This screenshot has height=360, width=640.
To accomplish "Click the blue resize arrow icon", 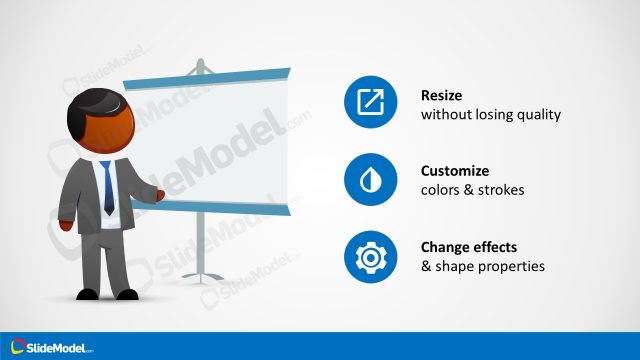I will pyautogui.click(x=369, y=103).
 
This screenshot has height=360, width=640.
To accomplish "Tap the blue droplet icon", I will pyautogui.click(x=369, y=180).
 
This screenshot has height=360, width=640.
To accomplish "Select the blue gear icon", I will pyautogui.click(x=369, y=256).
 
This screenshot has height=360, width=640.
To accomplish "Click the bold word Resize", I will pyautogui.click(x=443, y=96).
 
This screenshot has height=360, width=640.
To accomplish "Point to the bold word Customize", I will pyautogui.click(x=456, y=171).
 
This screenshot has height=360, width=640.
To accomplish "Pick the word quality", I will pyautogui.click(x=539, y=115).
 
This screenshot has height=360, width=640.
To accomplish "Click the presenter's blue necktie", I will pyautogui.click(x=108, y=185).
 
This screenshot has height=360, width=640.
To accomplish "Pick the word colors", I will pyautogui.click(x=441, y=190).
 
